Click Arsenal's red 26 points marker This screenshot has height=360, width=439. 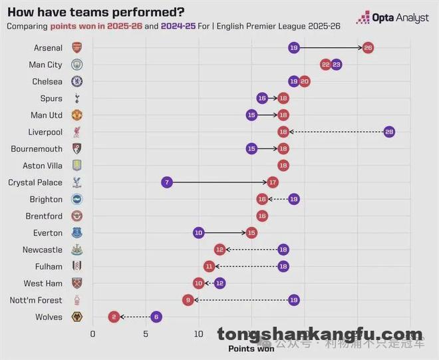click(368, 48)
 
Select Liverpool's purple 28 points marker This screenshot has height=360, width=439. click(389, 132)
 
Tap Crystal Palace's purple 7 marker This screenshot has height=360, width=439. click(167, 182)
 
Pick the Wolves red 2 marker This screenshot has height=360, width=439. click(114, 317)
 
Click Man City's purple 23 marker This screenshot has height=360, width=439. click(337, 65)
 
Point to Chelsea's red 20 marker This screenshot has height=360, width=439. click(305, 81)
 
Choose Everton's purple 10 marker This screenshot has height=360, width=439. click(199, 233)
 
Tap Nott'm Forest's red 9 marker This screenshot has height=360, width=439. click(188, 300)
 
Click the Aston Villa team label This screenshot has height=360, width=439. click(43, 166)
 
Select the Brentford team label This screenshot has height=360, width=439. click(45, 216)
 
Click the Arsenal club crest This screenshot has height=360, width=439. click(76, 48)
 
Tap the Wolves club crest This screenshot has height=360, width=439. click(76, 317)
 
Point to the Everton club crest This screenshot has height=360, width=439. click(76, 233)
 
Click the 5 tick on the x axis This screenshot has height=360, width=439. click(146, 334)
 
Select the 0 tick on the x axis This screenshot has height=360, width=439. click(92, 334)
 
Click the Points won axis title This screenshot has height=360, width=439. click(251, 348)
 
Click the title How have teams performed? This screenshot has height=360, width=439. click(96, 12)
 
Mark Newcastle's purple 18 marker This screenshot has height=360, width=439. click(283, 250)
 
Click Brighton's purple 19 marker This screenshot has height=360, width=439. click(294, 199)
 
